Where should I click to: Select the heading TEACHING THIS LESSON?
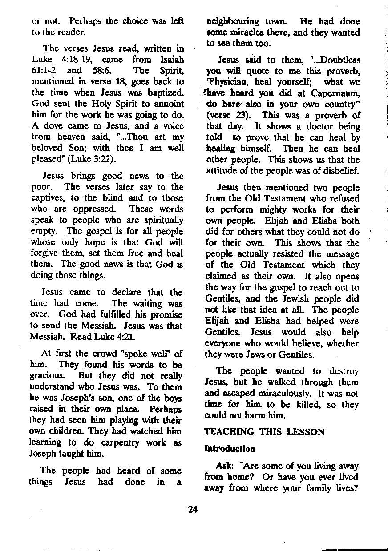click(x=264, y=432)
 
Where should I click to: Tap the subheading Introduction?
click(x=230, y=449)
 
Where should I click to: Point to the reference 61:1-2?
click(x=46, y=70)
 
